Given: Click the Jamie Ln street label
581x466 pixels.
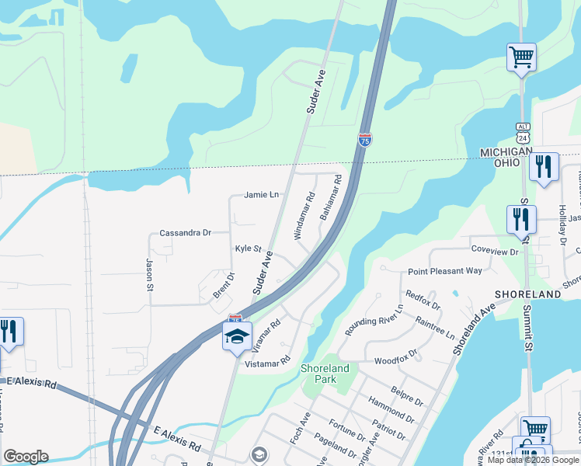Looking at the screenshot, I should coord(261,195).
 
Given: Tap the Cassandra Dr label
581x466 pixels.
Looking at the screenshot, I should coord(185,232).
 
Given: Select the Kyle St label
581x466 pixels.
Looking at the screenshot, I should coord(249,249).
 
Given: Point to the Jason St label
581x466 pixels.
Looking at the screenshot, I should coord(149,276).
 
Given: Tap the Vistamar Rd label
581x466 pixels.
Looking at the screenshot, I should coord(267,363).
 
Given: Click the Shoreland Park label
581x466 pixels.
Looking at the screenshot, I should coord(325,374).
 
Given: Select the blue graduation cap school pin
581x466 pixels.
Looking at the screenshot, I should coord(237,336).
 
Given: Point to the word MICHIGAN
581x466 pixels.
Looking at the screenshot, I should coord(506,152).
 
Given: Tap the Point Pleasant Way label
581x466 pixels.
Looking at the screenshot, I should coord(445,271).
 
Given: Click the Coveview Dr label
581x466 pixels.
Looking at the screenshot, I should coord(494,252).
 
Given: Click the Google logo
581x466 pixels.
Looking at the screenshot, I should coord(26,457).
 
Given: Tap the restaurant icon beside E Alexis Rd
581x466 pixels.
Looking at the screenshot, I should coord(10,332).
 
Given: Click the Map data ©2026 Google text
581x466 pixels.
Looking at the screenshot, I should coord(533,460).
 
